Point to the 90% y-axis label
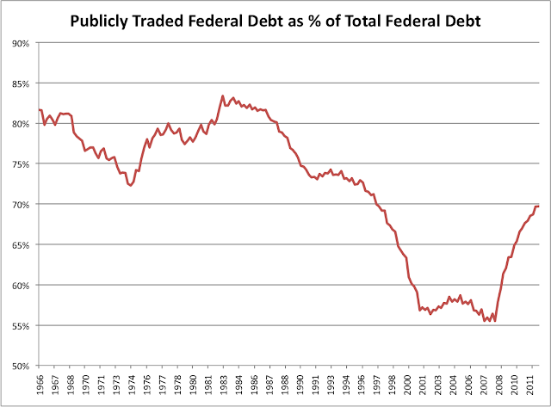(x=22, y=42)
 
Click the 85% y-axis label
(x=22, y=83)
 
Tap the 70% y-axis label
(x=22, y=204)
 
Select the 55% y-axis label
(x=22, y=325)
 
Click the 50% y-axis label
(x=22, y=366)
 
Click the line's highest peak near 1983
(x=223, y=96)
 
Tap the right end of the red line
(x=539, y=207)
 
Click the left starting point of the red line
(x=39, y=109)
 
